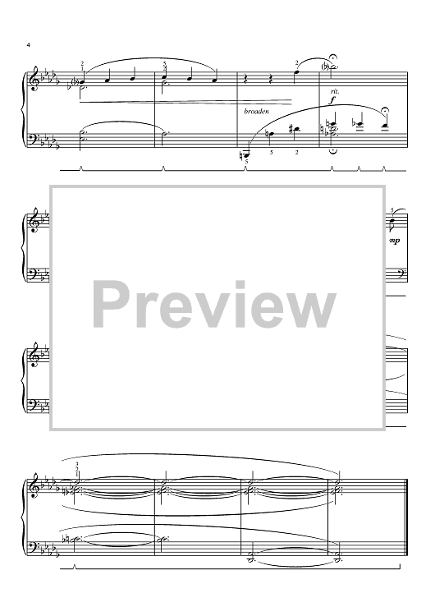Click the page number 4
(x=28, y=45)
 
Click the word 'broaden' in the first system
(x=256, y=112)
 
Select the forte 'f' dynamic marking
(x=333, y=100)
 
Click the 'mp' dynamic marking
(x=395, y=241)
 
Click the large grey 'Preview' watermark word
(x=214, y=306)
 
